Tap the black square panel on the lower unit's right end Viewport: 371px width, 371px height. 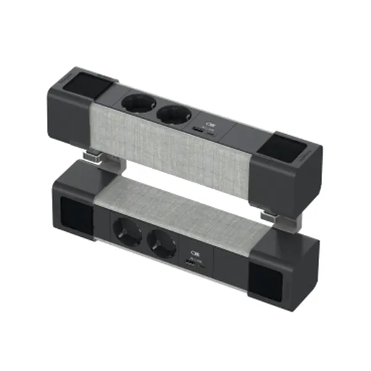click(x=265, y=280)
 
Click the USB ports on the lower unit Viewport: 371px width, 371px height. click(x=193, y=264)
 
